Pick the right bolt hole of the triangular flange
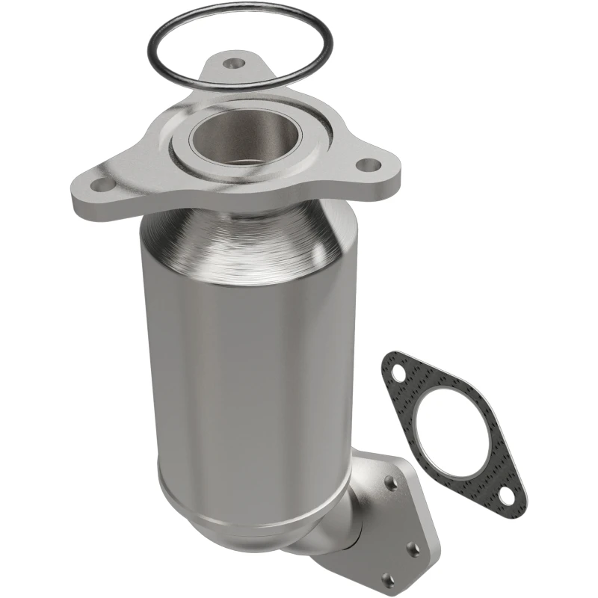tap(366, 164)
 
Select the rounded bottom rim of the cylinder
tap(224, 508)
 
